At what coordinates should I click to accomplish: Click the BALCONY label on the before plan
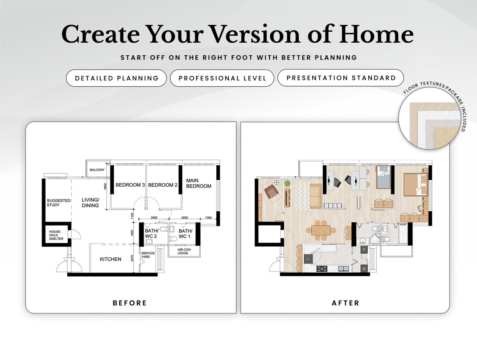pyautogui.click(x=97, y=170)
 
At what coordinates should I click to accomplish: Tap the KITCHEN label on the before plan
pyautogui.click(x=110, y=259)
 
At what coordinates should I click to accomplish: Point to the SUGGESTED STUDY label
pyautogui.click(x=59, y=203)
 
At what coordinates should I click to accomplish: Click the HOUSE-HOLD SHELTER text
pyautogui.click(x=56, y=235)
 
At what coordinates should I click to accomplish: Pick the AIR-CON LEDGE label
pyautogui.click(x=183, y=252)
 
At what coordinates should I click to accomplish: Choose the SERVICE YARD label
pyautogui.click(x=148, y=255)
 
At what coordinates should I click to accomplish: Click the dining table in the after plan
pyautogui.click(x=321, y=231)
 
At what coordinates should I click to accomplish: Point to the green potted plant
pyautogui.click(x=287, y=183)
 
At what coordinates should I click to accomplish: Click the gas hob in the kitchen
pyautogui.click(x=322, y=268)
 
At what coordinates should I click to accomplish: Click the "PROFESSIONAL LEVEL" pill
pyautogui.click(x=222, y=78)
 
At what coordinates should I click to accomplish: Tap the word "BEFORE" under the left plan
pyautogui.click(x=130, y=303)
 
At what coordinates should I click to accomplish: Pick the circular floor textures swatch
pyautogui.click(x=431, y=121)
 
